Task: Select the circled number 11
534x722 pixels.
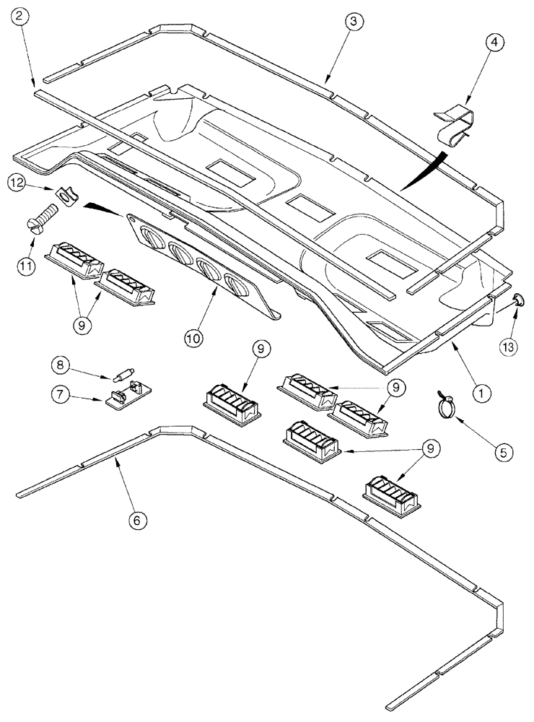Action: [27, 265]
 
